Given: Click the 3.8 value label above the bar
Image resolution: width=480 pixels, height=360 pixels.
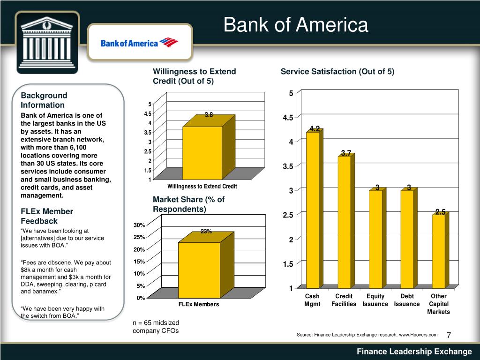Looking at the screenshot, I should click(209, 115).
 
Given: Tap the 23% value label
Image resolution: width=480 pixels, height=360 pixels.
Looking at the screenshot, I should click(206, 231).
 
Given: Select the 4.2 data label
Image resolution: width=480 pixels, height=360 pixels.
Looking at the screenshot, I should click(314, 129).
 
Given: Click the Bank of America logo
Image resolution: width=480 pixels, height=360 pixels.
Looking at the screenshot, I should click(140, 43).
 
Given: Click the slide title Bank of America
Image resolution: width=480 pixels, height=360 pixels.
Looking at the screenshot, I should click(296, 25).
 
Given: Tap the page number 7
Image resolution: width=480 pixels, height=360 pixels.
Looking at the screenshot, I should click(449, 335).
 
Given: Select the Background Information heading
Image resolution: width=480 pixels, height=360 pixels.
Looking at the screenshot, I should click(44, 100).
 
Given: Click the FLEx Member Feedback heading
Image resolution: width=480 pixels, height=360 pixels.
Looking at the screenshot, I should click(46, 216).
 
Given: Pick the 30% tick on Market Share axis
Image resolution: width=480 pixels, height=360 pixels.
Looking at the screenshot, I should click(139, 225).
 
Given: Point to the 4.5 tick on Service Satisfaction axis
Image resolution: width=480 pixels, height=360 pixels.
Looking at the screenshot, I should click(288, 118).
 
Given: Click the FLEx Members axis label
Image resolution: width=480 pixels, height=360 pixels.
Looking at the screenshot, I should click(199, 304).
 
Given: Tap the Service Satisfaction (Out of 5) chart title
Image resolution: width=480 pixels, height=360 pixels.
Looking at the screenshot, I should click(337, 71).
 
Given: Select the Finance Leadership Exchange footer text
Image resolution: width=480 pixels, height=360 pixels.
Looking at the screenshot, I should click(414, 352).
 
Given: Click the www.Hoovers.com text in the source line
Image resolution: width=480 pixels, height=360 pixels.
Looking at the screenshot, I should click(418, 334).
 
